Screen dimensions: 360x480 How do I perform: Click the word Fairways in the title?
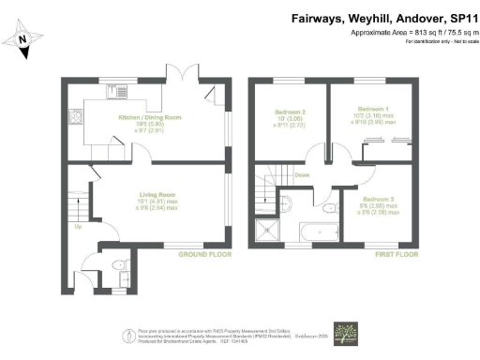pos(319,17)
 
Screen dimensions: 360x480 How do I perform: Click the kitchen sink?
pos(121,93)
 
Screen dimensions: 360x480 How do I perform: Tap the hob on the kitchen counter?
pos(74,119)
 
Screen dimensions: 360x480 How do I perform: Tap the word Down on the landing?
pos(302,175)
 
